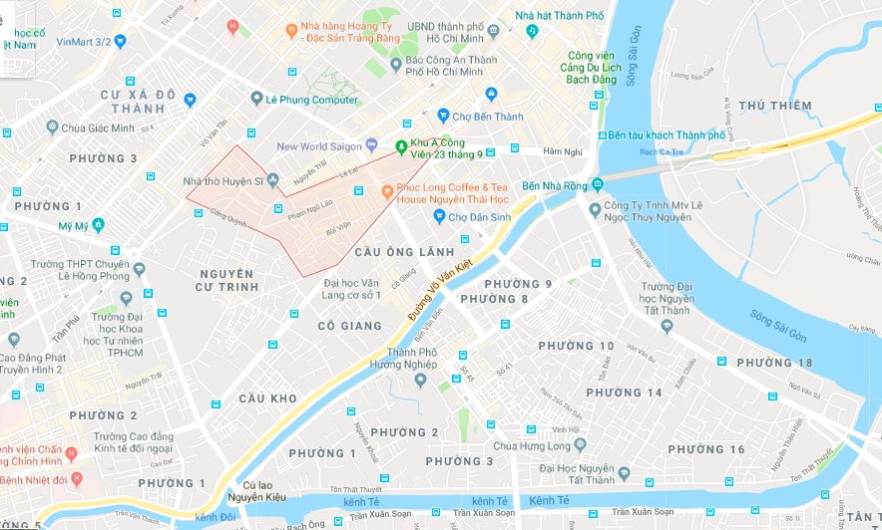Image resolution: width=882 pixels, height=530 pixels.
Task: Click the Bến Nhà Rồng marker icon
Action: coord(597,185)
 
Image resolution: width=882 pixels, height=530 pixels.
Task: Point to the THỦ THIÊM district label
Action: coord(775,106)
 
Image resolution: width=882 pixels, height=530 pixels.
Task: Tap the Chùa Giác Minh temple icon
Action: coord(51,128)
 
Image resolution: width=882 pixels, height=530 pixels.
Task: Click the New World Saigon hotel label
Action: coord(319,146)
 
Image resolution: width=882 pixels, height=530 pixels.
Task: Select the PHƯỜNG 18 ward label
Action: coord(775,363)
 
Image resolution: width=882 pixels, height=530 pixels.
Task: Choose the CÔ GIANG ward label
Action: coord(349,326)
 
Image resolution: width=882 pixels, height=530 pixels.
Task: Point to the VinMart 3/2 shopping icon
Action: coord(121,41)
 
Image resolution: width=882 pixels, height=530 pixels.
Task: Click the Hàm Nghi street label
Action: coord(561,151)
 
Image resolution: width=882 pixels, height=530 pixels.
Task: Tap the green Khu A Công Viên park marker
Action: coord(401,147)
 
